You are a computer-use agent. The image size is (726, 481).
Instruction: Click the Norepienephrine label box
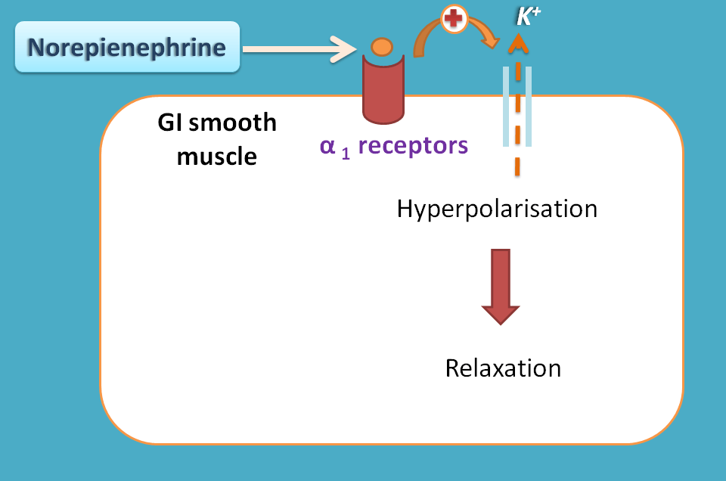(127, 48)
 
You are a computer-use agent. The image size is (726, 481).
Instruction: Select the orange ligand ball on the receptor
(381, 47)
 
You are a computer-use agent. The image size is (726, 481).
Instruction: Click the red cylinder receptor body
(384, 91)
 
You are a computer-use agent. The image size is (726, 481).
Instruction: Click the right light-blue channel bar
(529, 106)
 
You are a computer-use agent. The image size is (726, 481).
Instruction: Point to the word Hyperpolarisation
(497, 208)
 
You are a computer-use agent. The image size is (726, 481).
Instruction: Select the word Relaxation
(503, 368)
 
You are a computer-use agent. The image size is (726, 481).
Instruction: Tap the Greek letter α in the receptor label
(327, 145)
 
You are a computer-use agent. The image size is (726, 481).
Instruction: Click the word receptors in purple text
(413, 144)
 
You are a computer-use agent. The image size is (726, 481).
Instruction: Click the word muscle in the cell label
(217, 157)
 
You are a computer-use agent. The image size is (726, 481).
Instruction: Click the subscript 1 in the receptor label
(346, 150)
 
